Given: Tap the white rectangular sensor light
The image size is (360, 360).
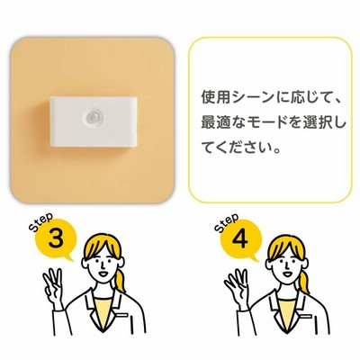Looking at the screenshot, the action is (x=94, y=121).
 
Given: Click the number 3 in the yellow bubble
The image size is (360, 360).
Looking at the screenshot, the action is (x=56, y=238).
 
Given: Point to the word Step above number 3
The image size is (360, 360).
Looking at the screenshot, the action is (x=41, y=221).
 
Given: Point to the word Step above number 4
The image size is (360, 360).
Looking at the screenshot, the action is (x=227, y=222).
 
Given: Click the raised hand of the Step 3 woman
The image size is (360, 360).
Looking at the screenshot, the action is (x=53, y=285).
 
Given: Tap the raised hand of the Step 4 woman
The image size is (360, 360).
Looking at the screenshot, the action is (x=237, y=286).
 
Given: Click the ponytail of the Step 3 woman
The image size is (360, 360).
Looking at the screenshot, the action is (x=120, y=278).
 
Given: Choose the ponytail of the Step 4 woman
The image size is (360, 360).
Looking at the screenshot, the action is (x=304, y=280).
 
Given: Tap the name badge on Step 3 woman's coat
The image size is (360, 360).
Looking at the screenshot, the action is (x=122, y=316).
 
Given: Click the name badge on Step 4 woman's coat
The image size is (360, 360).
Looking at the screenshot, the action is (x=306, y=317).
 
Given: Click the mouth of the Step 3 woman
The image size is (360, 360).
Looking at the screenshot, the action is (x=103, y=274).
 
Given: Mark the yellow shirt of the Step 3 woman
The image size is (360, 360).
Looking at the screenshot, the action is (x=103, y=309).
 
